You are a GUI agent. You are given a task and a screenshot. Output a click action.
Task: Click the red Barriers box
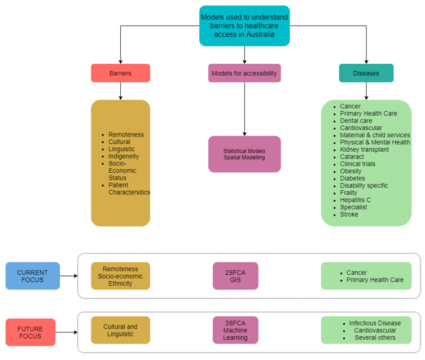pos(120,73)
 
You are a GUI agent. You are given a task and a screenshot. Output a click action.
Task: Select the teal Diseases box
pos(366,73)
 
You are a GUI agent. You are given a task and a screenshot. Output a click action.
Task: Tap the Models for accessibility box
pos(244,73)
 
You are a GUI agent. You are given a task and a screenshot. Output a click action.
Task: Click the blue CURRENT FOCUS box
pos(33,276)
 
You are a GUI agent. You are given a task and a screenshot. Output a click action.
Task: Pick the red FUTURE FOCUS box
pos(30,332)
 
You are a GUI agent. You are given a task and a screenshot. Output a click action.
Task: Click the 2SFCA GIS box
pos(235,276)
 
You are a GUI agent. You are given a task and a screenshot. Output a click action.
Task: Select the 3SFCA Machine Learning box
pos(235,330)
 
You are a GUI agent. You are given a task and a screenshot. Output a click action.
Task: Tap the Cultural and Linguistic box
pos(120,330)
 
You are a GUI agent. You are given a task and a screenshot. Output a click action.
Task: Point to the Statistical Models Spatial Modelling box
pos(244,154)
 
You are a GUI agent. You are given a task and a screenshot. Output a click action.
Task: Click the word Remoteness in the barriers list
pos(126,135)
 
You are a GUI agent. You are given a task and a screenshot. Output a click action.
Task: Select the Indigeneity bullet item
pos(124,156)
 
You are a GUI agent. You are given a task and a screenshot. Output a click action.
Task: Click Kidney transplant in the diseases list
pos(364,150)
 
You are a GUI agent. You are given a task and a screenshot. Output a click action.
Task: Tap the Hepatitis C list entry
pos(356,200)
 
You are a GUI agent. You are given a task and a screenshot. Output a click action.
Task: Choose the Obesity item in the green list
pos(350,171)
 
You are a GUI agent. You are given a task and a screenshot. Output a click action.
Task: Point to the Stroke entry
pos(349,214)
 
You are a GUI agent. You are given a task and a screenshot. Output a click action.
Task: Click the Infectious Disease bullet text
pos(375,323)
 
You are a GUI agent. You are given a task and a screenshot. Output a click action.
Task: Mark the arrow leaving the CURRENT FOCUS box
pos(69,276)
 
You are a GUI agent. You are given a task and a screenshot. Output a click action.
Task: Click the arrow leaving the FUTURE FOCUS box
pos(67,332)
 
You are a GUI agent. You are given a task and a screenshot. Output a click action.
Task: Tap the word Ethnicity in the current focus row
pos(120,283)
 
